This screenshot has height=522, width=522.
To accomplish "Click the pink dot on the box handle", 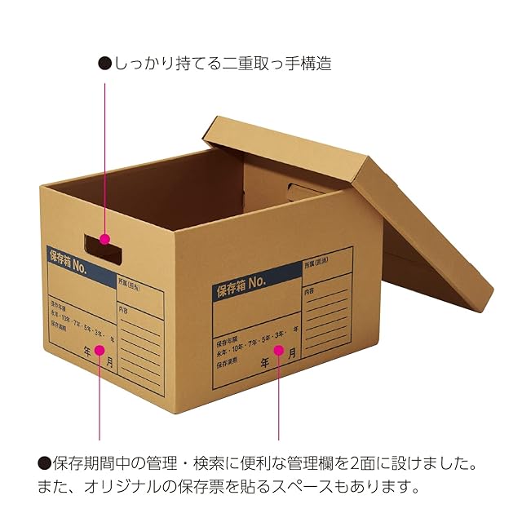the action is [104, 239].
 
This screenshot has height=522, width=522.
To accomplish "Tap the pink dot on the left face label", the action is [100, 350].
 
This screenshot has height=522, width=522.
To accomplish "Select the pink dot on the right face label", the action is [278, 351].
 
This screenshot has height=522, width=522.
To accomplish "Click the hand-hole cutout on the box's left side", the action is [104, 247].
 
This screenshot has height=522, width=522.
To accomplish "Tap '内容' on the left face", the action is [123, 308].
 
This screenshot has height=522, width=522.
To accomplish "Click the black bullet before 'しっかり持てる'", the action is [104, 63].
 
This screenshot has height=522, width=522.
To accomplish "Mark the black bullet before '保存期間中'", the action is [44, 464].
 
